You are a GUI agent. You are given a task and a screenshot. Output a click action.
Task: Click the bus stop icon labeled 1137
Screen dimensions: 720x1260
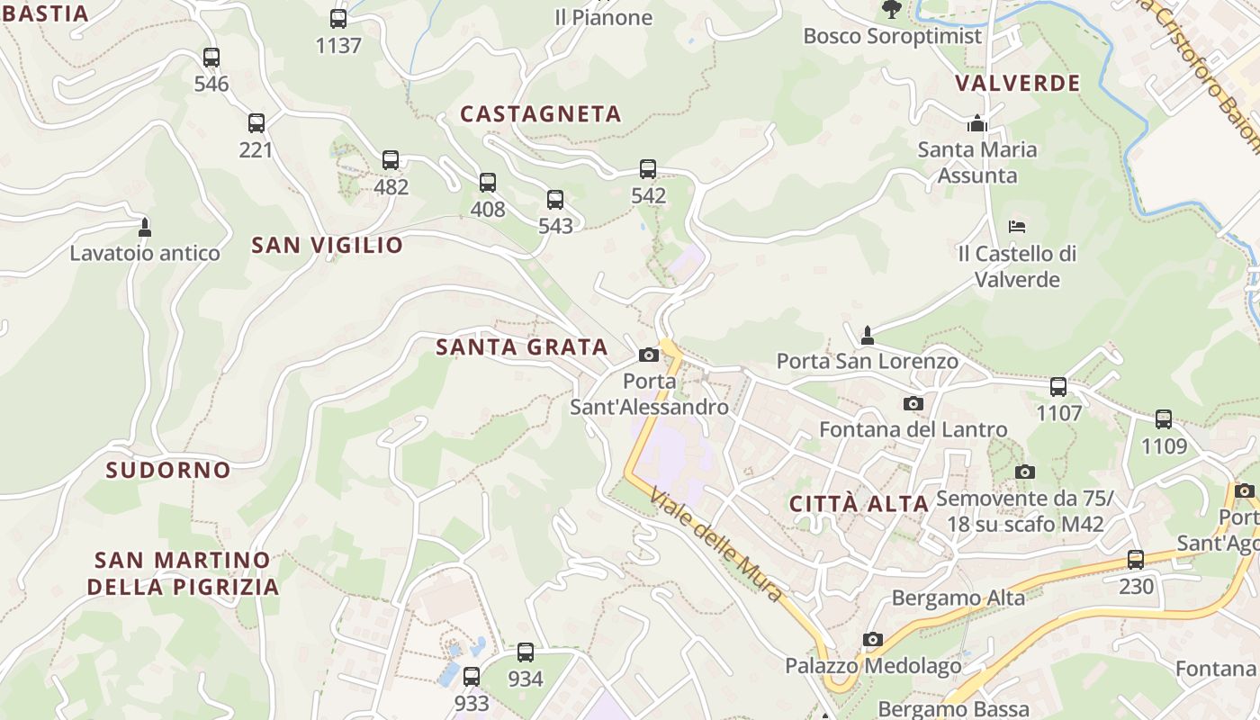pos(338,18)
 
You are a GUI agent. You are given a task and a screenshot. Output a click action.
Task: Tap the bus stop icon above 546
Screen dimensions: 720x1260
pos(211,58)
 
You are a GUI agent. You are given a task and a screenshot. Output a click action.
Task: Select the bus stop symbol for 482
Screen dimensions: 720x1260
pos(391,160)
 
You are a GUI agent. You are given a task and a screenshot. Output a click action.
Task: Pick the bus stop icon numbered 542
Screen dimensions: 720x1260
pos(648,169)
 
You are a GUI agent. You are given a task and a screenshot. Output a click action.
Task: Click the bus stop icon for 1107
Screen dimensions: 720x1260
pos(1058,387)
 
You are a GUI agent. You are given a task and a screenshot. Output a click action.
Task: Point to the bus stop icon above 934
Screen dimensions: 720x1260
pos(526,652)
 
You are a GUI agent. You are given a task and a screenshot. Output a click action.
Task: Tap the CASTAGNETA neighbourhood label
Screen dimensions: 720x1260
pos(541,114)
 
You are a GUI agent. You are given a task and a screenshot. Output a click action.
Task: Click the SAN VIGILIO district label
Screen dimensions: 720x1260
pos(328,245)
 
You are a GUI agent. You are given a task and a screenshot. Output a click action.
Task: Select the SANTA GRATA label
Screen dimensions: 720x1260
pos(522,346)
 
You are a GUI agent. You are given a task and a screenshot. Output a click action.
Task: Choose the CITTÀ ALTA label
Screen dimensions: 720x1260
pos(859,504)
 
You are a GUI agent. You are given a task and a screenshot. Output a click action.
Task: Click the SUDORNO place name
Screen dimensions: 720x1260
pos(168,470)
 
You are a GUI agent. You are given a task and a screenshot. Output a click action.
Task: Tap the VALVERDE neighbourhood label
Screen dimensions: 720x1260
pos(1017,84)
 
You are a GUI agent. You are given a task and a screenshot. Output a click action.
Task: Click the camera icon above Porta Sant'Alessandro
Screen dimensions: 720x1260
pos(649,355)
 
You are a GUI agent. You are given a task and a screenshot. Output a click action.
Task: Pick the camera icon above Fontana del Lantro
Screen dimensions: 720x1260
pos(913,403)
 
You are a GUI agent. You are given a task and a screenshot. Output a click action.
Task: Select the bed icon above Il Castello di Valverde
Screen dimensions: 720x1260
pos(1017,227)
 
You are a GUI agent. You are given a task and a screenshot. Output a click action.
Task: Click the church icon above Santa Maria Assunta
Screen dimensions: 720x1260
pos(977,123)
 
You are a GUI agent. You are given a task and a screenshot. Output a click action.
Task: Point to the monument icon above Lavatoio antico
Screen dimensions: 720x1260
pos(144,225)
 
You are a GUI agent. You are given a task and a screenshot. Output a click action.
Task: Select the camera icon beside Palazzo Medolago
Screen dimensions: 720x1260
pos(872,640)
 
